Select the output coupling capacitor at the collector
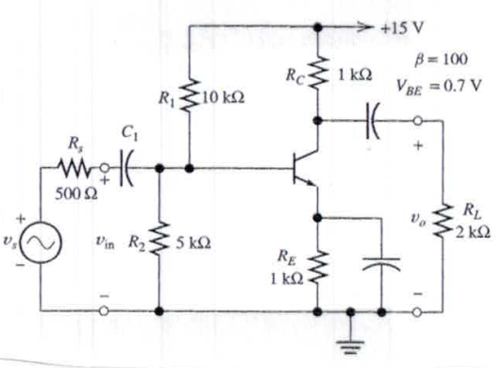[x=371, y=120]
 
